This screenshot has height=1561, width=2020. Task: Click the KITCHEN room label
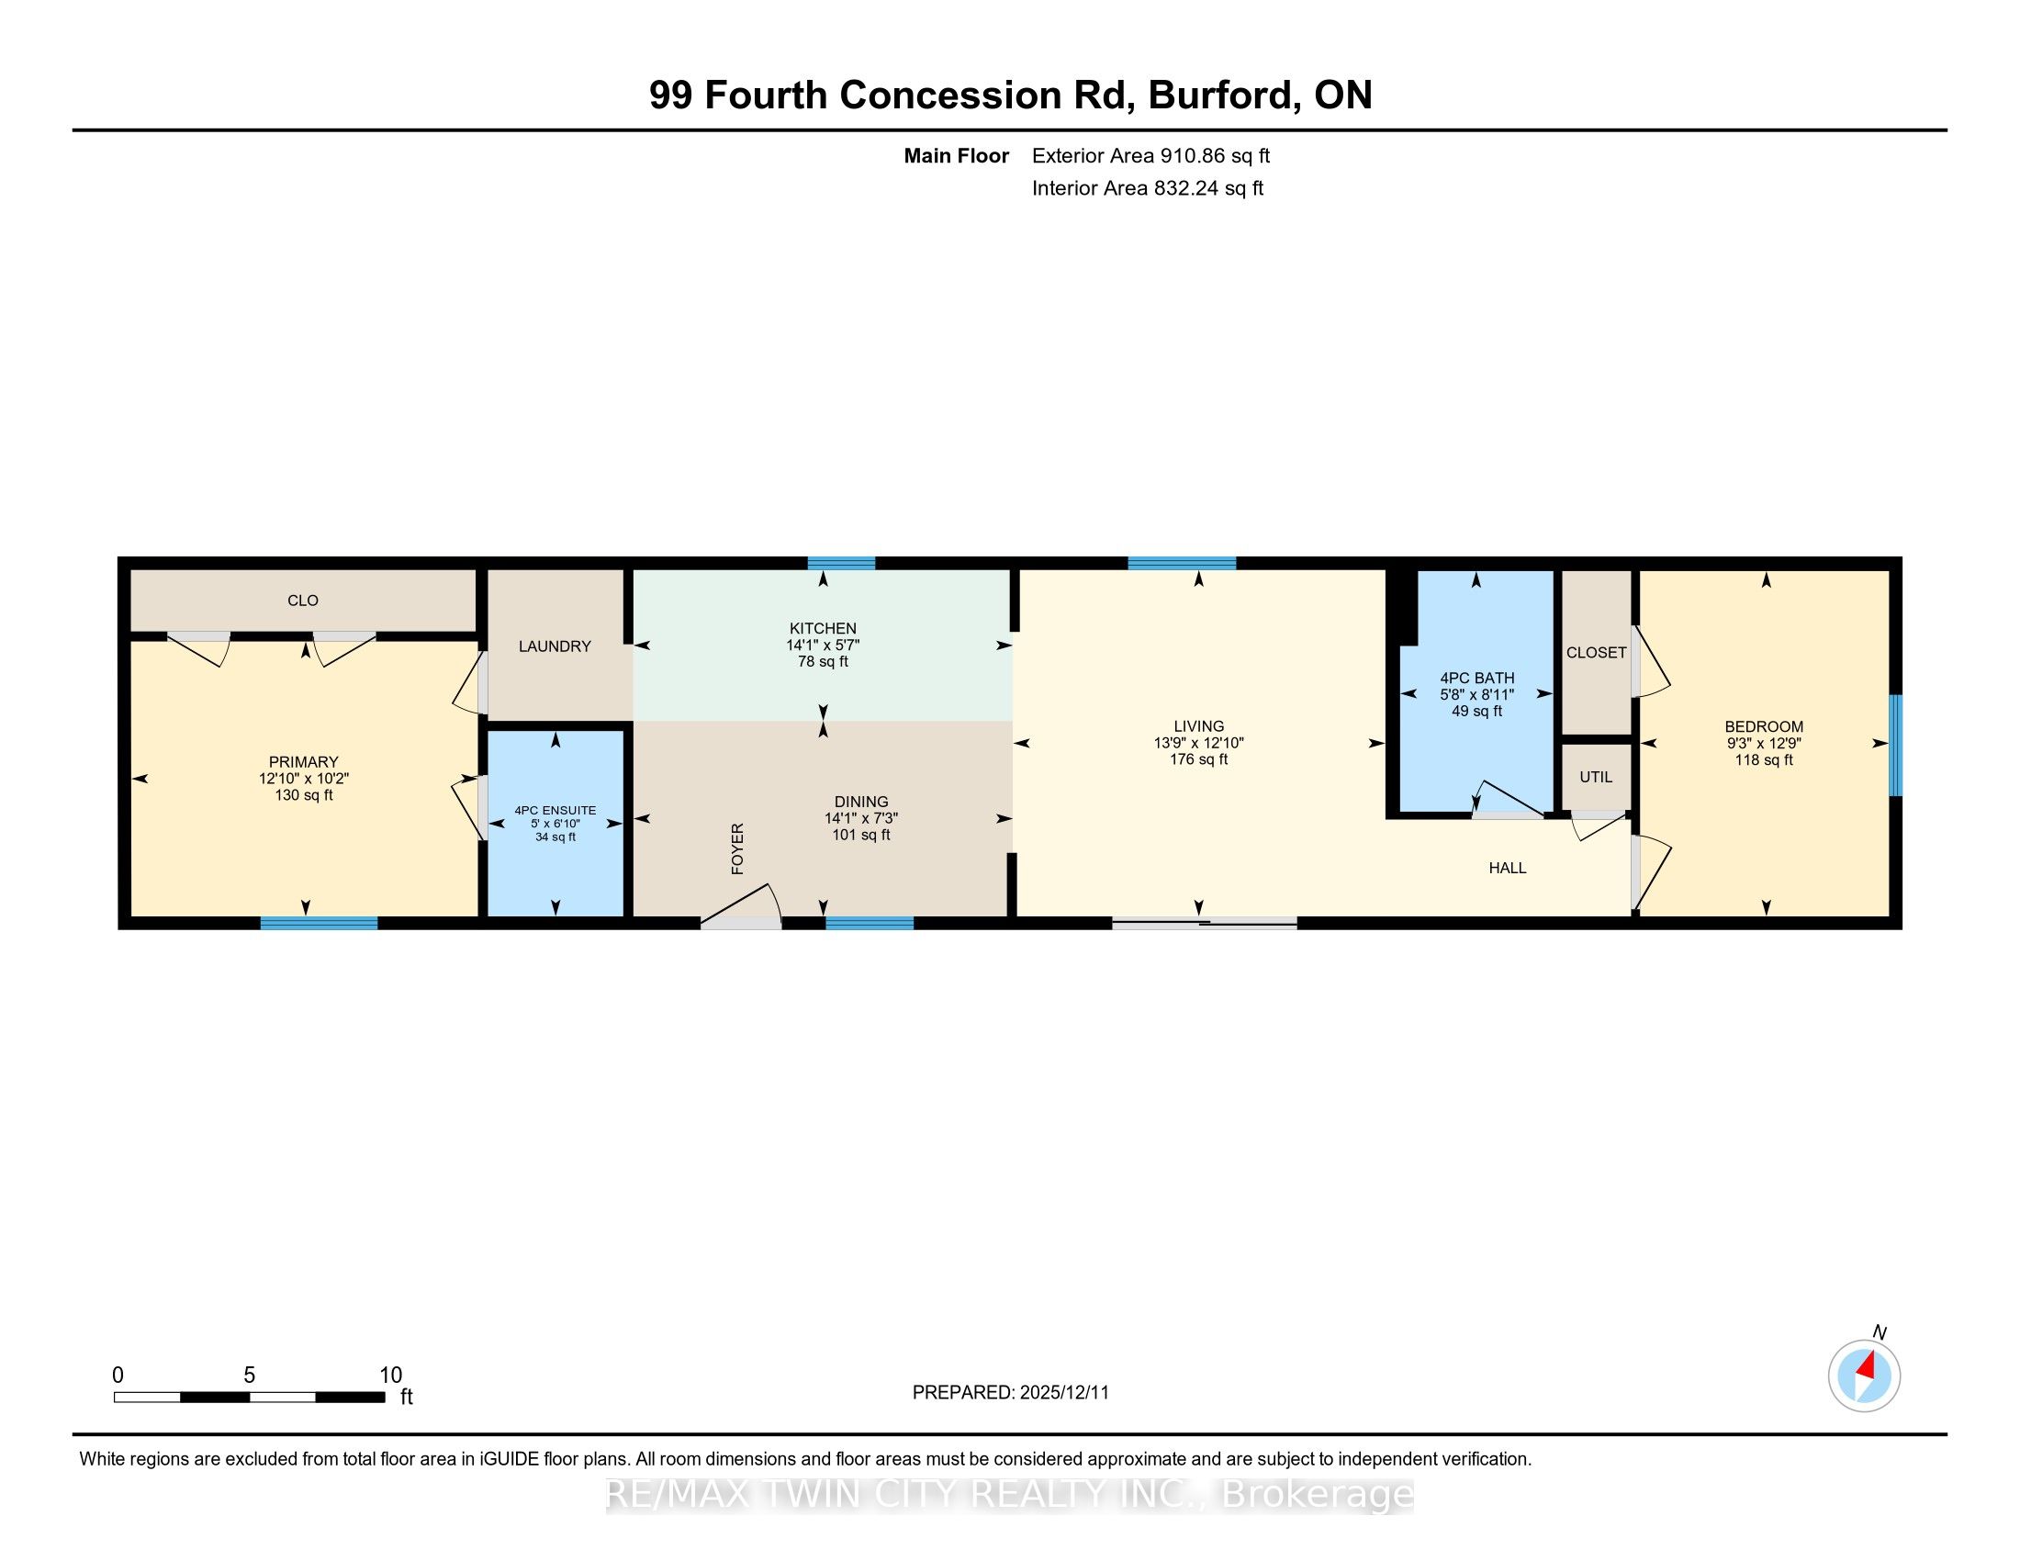pyautogui.click(x=823, y=628)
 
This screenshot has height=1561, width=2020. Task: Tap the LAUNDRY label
pyautogui.click(x=555, y=646)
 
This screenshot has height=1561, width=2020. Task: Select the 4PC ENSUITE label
pyautogui.click(x=555, y=810)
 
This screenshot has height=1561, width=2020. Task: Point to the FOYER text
pyautogui.click(x=737, y=848)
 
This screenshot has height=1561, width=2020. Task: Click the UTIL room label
pyautogui.click(x=1596, y=777)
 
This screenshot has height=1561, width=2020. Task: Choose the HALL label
pyautogui.click(x=1508, y=868)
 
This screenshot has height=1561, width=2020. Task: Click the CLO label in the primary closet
pyautogui.click(x=302, y=601)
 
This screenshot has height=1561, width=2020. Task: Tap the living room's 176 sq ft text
pyautogui.click(x=1198, y=759)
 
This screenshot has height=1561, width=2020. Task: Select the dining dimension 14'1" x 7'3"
pyautogui.click(x=861, y=818)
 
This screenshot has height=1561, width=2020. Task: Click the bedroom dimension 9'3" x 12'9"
pyautogui.click(x=1764, y=743)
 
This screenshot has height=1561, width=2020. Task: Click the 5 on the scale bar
pyautogui.click(x=249, y=1376)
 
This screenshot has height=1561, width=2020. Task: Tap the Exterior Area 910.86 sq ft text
pyautogui.click(x=1150, y=155)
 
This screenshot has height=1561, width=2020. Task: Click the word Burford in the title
pyautogui.click(x=1221, y=95)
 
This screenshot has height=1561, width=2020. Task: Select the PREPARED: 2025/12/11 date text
pyautogui.click(x=1010, y=1393)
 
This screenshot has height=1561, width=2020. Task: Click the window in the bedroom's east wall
pyautogui.click(x=1895, y=746)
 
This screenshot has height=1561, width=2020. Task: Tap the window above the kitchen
pyautogui.click(x=842, y=563)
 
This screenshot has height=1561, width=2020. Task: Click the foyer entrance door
pyautogui.click(x=741, y=906)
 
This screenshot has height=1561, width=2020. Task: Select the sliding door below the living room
pyautogui.click(x=1205, y=922)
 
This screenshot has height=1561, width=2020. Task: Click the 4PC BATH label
pyautogui.click(x=1476, y=678)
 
